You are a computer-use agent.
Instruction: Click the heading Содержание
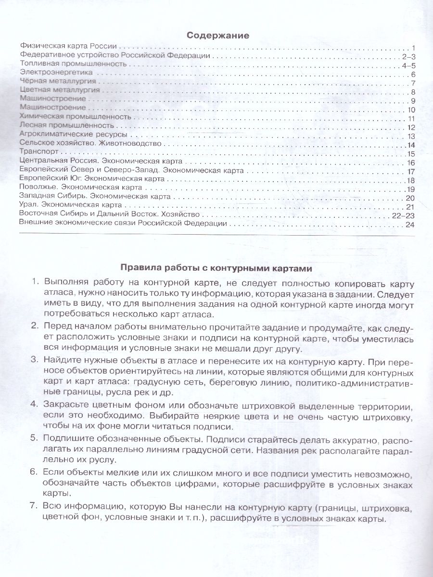(x=217, y=35)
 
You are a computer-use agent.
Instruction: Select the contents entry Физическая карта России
(x=69, y=47)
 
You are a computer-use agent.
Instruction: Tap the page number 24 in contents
(x=409, y=224)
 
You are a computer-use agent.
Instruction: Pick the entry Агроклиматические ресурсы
(x=73, y=135)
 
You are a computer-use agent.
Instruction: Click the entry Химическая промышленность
(x=76, y=117)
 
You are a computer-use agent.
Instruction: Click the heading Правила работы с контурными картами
(x=216, y=267)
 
